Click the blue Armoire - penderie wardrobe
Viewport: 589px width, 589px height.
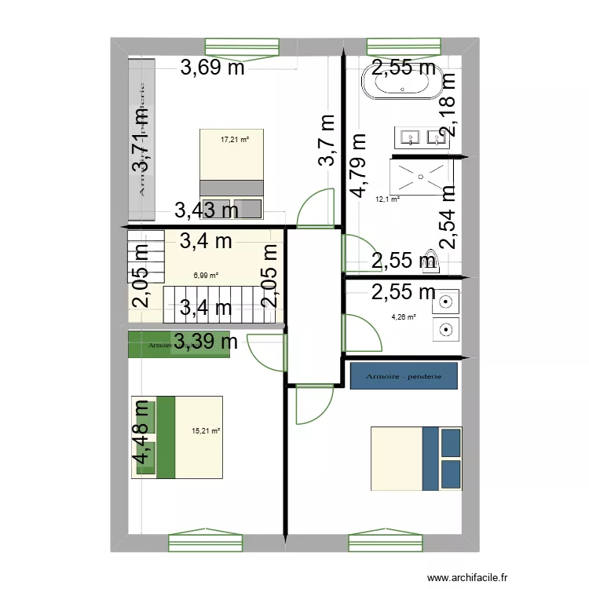point(404,376)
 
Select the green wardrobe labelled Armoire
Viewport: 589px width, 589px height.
point(180,345)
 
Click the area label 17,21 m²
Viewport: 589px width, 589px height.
point(235,140)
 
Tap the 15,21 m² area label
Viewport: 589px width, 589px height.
point(206,430)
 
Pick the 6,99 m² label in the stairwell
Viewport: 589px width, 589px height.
point(206,276)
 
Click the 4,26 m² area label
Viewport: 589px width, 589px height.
point(404,318)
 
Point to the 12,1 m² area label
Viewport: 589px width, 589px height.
point(387,199)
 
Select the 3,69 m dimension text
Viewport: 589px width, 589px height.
point(212,68)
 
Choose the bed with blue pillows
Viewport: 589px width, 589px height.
point(416,459)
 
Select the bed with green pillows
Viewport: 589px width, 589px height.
point(177,437)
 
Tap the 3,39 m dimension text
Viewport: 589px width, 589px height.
point(206,342)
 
